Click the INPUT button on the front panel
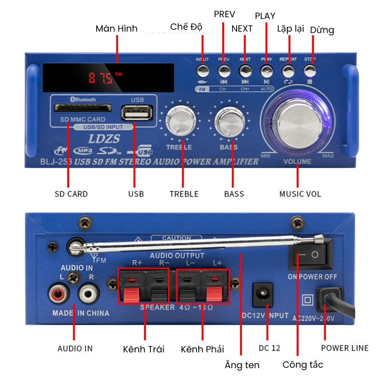coord(202,70)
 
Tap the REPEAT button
coord(288,70)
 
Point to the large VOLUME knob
coord(298,121)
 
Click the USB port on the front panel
coord(137,112)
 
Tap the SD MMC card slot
coord(83,108)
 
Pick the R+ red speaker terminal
coord(131,286)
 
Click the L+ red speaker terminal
coord(216,286)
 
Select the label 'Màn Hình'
coord(116,28)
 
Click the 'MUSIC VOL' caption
coord(300,194)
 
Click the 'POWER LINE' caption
coord(345,348)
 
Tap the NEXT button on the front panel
coord(245,70)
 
